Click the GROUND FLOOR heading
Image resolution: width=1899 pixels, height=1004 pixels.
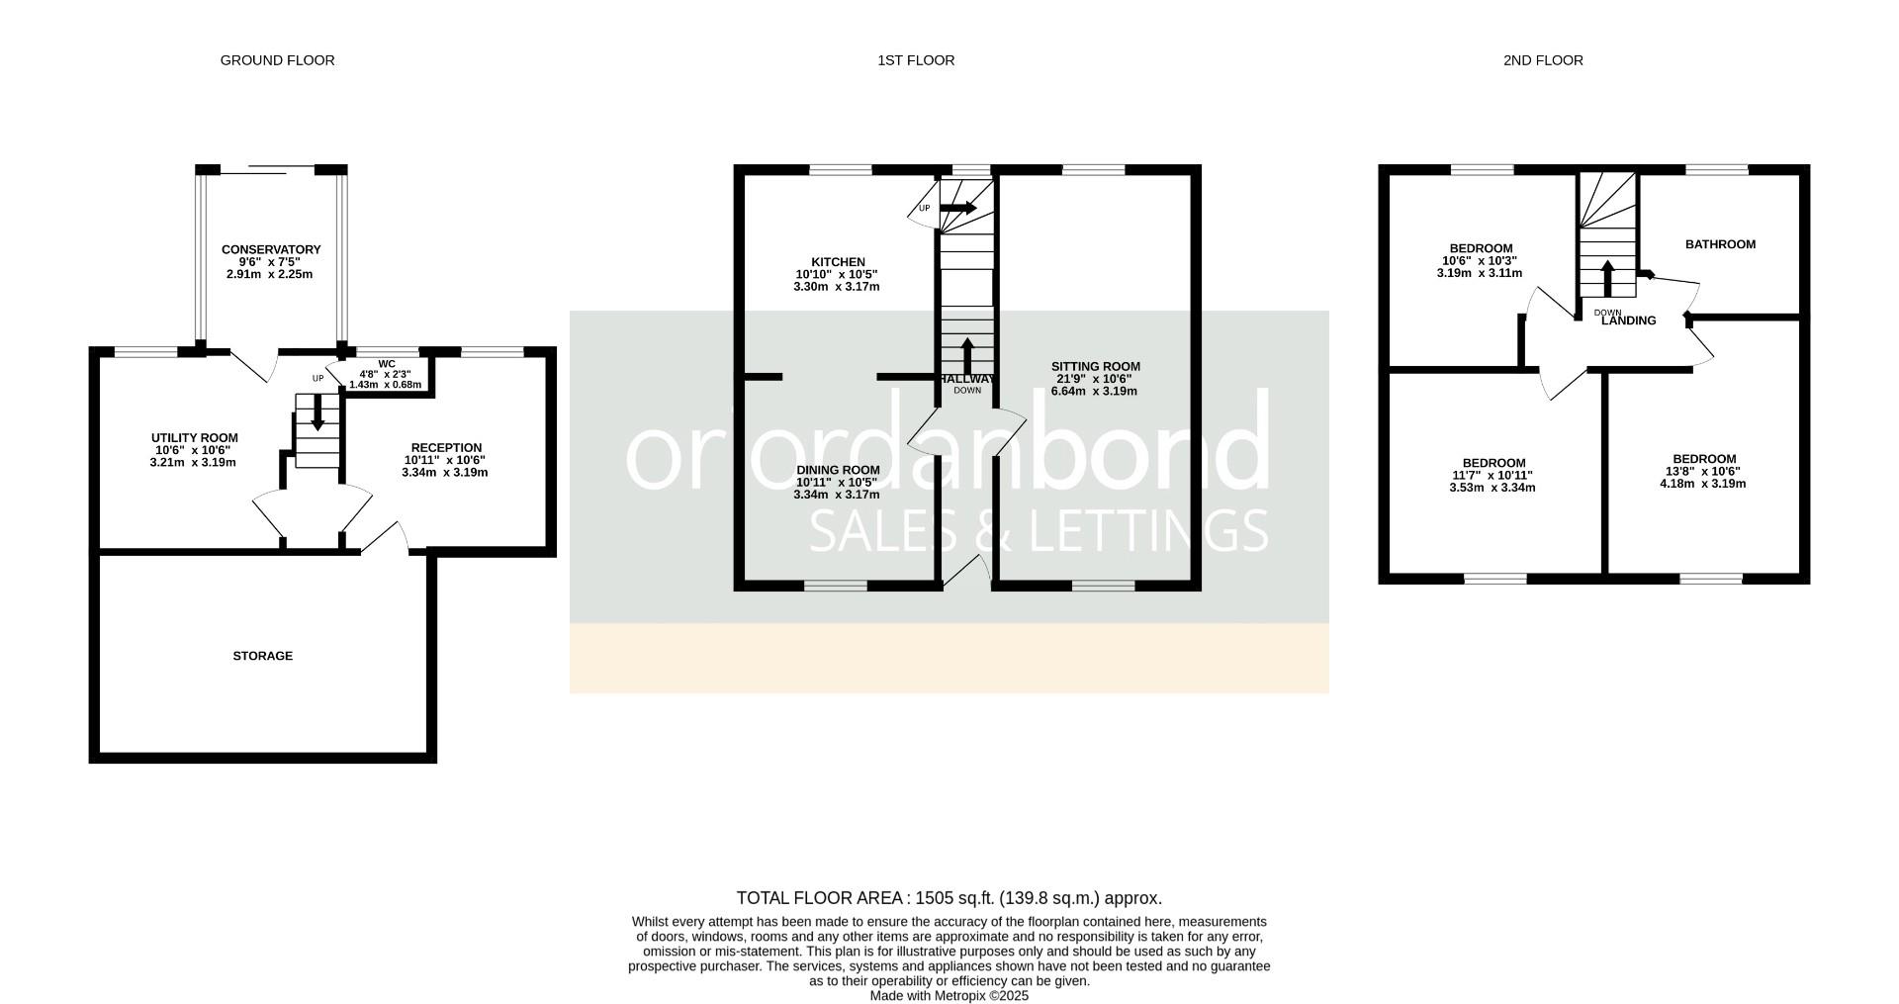[277, 60]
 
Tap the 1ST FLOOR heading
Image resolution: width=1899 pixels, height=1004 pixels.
[916, 60]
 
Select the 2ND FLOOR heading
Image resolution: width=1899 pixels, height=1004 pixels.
[1543, 60]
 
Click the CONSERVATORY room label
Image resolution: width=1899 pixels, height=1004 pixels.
[271, 249]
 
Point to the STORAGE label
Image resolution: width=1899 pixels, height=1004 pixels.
[263, 656]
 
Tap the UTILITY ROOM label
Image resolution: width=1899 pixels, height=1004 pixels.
[195, 438]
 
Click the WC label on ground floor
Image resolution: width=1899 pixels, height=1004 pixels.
[387, 364]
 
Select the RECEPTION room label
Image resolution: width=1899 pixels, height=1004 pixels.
[447, 448]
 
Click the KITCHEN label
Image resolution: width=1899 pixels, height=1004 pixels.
[838, 262]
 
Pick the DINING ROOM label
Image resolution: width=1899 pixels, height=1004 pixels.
[839, 470]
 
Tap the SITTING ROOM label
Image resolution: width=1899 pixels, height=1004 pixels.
[1096, 366]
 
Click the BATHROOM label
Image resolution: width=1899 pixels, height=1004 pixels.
[1721, 244]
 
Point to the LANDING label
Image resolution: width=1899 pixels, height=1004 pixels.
[1629, 320]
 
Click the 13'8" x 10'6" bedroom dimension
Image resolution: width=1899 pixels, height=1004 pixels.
[1703, 472]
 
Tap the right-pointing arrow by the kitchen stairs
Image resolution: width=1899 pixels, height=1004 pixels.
[957, 208]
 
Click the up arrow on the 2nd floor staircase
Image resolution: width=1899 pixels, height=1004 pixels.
[1607, 278]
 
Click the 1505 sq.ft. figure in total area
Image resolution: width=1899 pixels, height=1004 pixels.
[954, 898]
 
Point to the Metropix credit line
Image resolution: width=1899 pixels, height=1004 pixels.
[949, 996]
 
